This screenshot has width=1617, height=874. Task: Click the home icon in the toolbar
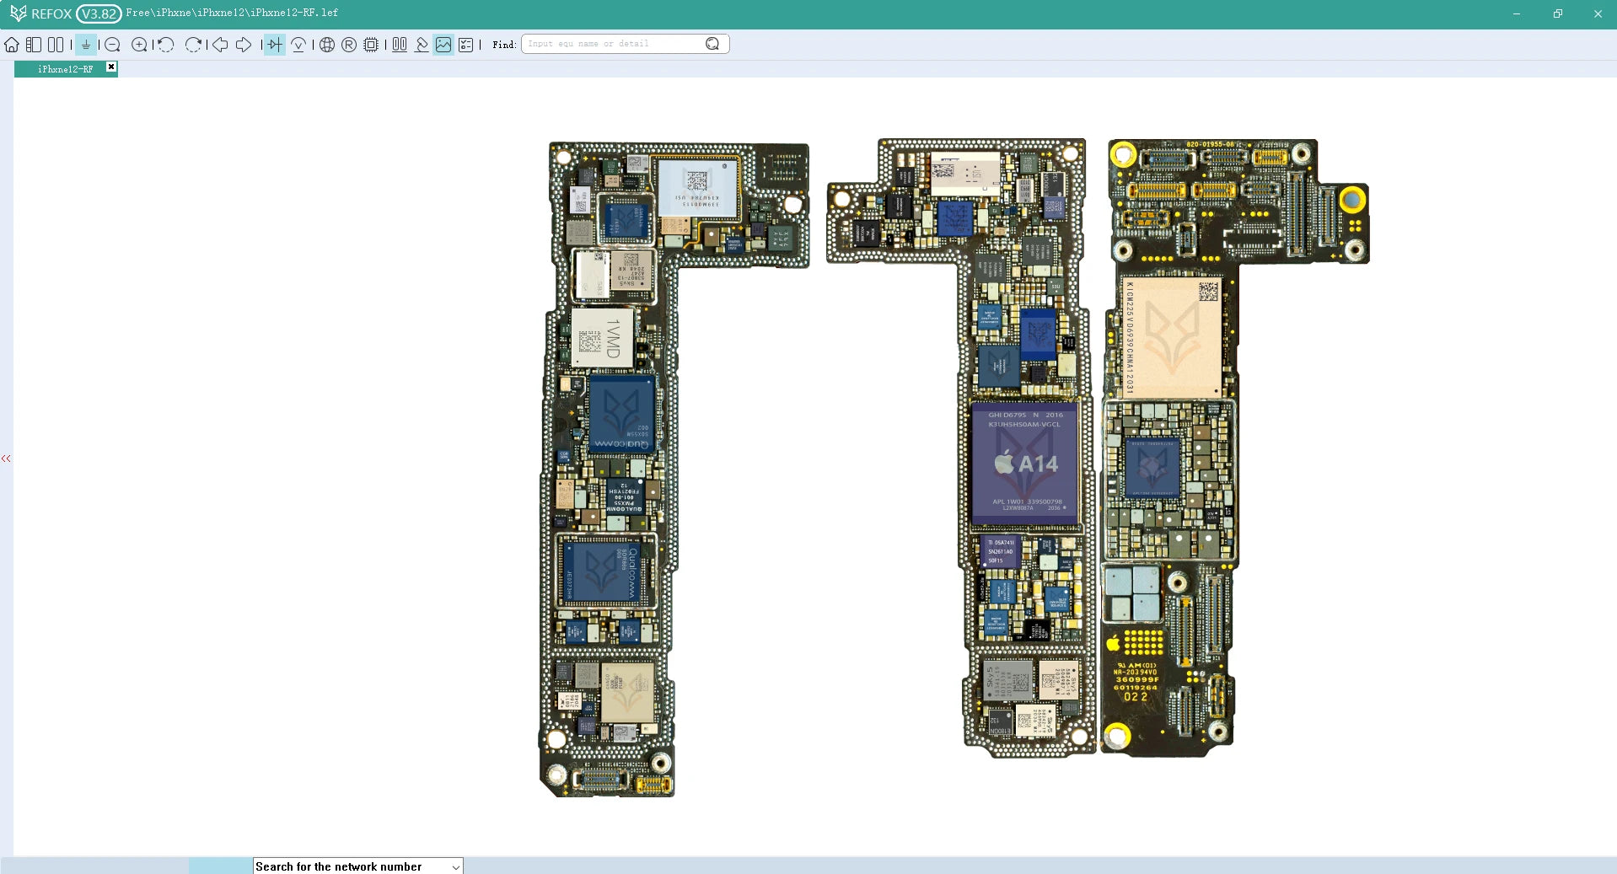(x=12, y=45)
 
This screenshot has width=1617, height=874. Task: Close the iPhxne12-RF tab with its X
(x=111, y=67)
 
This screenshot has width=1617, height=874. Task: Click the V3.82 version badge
(x=99, y=13)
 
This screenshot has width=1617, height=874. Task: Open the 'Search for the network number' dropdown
(x=456, y=866)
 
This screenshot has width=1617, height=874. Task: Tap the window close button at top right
(x=1598, y=13)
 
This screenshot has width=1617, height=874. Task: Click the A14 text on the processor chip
(x=1038, y=464)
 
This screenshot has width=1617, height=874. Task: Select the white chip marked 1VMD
(x=603, y=337)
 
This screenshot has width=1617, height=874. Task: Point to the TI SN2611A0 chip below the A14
(x=1001, y=552)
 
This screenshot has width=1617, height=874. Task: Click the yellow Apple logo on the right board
(x=1113, y=644)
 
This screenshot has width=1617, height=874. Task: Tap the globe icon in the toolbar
(x=327, y=45)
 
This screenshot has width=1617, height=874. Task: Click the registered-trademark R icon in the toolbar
(x=349, y=45)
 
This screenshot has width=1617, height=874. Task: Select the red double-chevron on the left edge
(x=6, y=458)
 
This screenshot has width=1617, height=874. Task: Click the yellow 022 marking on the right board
(x=1136, y=697)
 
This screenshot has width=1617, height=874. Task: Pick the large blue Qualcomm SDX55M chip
(x=622, y=415)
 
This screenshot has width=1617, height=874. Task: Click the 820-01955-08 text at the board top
(x=1210, y=145)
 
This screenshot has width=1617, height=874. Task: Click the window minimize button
(x=1517, y=13)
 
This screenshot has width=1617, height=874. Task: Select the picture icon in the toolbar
(x=443, y=45)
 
